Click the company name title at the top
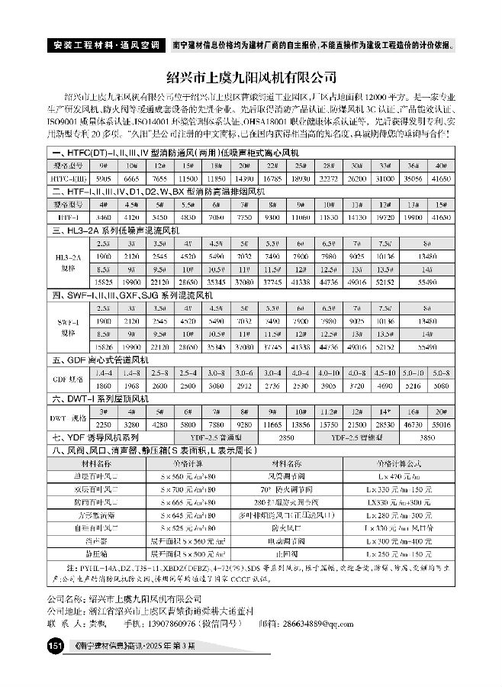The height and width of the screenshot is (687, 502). coord(251,77)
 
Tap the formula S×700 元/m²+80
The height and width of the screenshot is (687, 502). coord(201,489)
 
